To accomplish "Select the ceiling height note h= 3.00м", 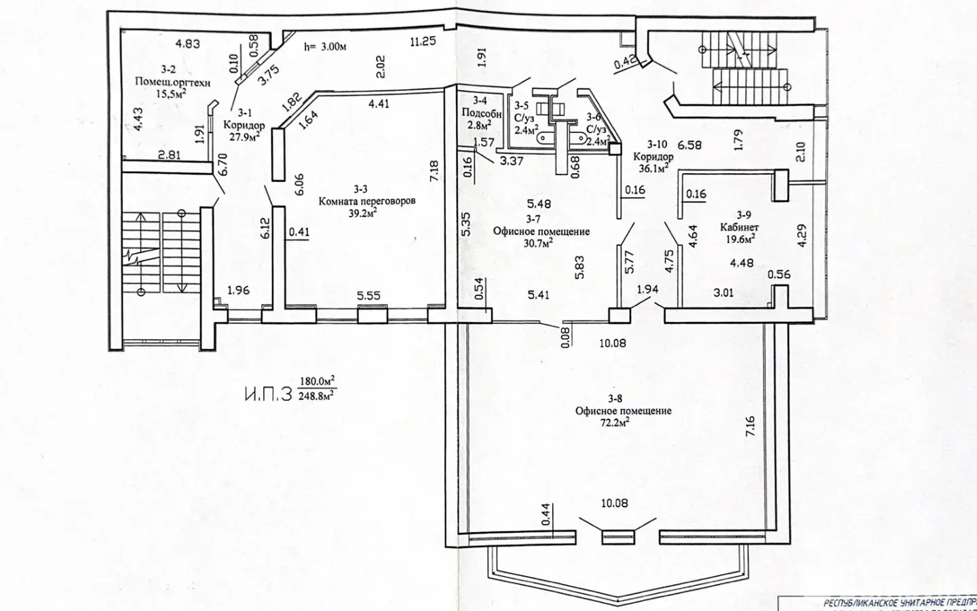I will point(325,47).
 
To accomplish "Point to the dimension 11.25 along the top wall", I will point(422,42).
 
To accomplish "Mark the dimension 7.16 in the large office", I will point(750,426).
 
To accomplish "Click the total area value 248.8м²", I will point(317,395).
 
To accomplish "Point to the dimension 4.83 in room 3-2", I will point(187,44).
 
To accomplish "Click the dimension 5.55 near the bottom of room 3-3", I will point(369,296).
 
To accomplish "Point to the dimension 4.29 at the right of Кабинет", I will point(802,235).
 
